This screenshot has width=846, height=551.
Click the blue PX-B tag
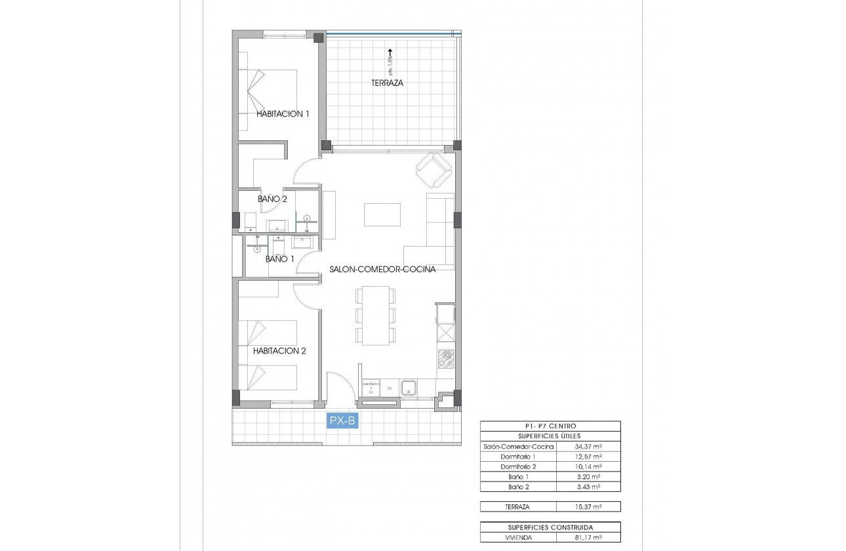pyautogui.click(x=342, y=421)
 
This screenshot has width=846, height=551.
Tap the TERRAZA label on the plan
pyautogui.click(x=387, y=83)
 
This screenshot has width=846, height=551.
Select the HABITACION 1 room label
pyautogui.click(x=282, y=113)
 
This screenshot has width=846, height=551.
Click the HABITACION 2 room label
pyautogui.click(x=279, y=350)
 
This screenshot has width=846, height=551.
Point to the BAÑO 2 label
pyautogui.click(x=272, y=198)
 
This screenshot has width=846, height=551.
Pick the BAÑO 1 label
pyautogui.click(x=279, y=259)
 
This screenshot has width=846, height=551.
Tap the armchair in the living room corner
pyautogui.click(x=433, y=169)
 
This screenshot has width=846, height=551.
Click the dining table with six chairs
pyautogui.click(x=376, y=316)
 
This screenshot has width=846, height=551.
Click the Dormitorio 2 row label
pyautogui.click(x=518, y=466)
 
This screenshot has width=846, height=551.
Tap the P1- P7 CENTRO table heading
pyautogui.click(x=550, y=426)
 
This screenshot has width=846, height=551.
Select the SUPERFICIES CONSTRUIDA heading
pyautogui.click(x=550, y=527)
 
